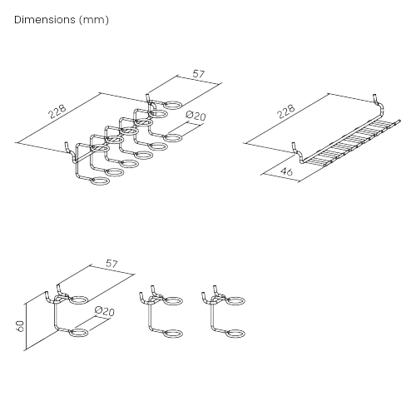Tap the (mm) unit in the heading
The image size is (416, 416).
tap(94, 18)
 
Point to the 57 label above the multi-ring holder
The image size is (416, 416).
tap(198, 74)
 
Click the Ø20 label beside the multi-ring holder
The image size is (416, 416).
tap(196, 118)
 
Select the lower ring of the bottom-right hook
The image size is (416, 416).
tap(235, 334)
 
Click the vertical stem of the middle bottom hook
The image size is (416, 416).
tap(151, 316)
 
